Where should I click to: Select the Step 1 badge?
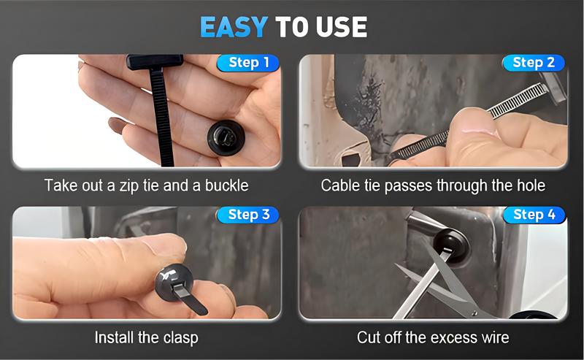pyautogui.click(x=248, y=63)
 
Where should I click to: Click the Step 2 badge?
pyautogui.click(x=534, y=63)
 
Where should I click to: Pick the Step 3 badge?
pyautogui.click(x=248, y=215)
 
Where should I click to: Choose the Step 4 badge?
pyautogui.click(x=534, y=215)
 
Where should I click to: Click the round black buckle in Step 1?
pyautogui.click(x=224, y=136)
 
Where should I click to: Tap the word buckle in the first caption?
pyautogui.click(x=227, y=185)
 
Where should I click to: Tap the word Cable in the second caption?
pyautogui.click(x=339, y=185)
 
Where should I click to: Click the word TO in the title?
pyautogui.click(x=291, y=26)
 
